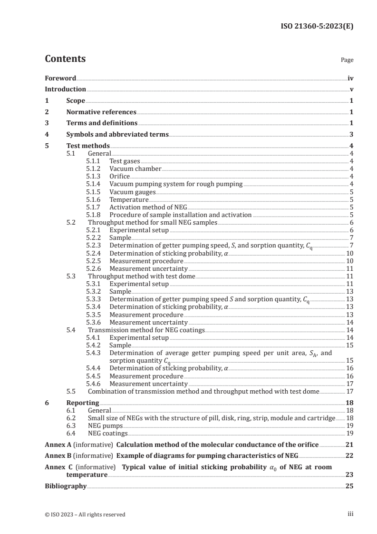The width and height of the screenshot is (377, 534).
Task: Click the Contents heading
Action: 65,59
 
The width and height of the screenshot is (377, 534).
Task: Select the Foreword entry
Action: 60,78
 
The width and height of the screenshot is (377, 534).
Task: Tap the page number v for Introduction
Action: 351,89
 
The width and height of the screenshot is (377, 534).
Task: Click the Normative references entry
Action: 101,112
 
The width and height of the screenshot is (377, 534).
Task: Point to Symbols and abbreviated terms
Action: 117,135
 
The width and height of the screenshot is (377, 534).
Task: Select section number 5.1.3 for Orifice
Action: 94,177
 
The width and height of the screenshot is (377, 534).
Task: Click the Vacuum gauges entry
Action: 132,192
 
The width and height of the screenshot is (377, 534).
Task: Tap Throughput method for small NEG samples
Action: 153,223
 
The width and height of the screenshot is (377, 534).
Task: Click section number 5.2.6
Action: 94,269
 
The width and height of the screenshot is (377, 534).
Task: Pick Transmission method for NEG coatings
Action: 145,330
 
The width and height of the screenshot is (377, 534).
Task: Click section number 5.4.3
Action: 94,354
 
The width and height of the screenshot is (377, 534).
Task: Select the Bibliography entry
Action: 66,486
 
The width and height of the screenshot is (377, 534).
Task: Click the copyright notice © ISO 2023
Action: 85,514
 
